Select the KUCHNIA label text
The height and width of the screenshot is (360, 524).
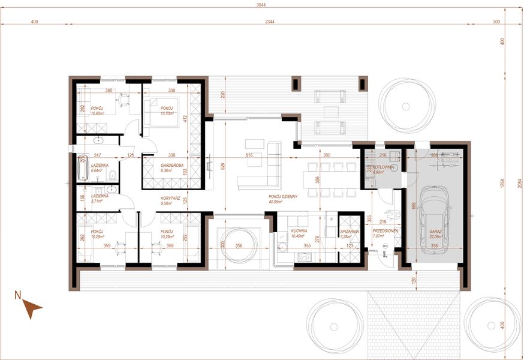299,230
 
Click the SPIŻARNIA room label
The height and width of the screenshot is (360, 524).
350,230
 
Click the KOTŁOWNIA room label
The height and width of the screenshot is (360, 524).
384,167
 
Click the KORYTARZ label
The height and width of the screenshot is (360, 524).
171,197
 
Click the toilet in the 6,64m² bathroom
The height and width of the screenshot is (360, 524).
113,176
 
